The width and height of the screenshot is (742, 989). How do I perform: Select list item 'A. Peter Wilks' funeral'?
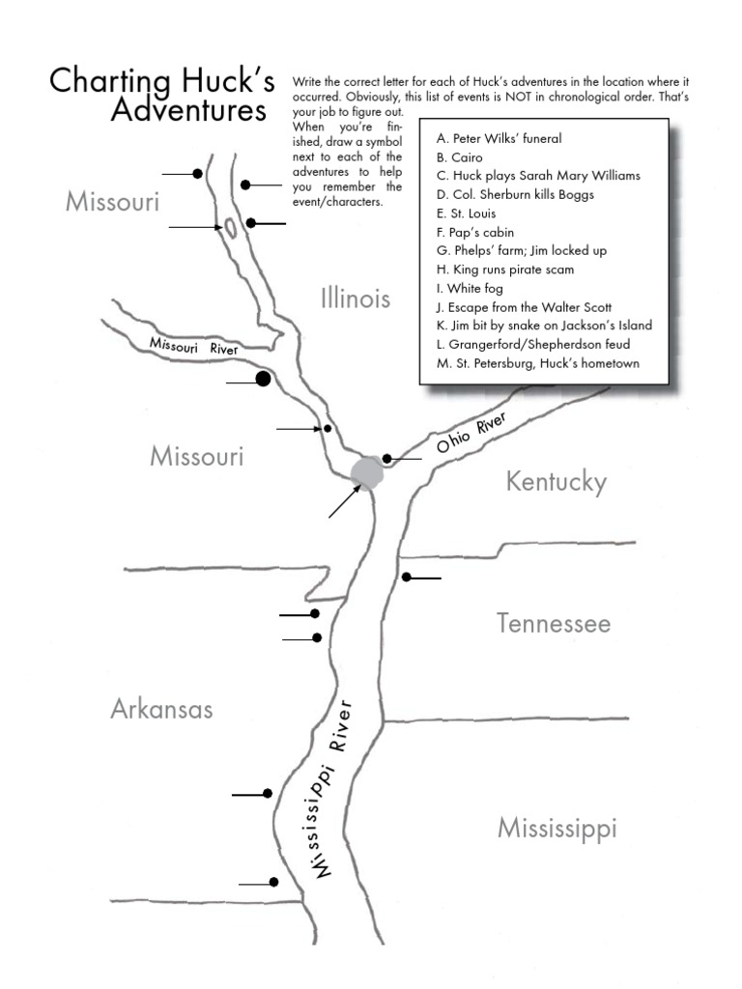[499, 138]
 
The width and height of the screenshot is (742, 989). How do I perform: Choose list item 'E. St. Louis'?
[466, 213]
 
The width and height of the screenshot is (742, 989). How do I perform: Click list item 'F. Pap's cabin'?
[475, 232]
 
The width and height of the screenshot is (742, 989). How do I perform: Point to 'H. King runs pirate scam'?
[505, 269]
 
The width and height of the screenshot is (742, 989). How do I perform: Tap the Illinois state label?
[356, 298]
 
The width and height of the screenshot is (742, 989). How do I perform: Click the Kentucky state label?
[556, 481]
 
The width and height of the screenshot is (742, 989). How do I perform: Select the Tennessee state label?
[554, 623]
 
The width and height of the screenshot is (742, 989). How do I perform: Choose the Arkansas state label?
[161, 710]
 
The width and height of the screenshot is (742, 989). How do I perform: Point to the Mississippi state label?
[556, 828]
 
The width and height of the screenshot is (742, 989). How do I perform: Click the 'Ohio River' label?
[471, 433]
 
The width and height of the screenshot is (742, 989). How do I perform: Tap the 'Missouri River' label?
[192, 345]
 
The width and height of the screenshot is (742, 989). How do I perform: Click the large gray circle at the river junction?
[367, 472]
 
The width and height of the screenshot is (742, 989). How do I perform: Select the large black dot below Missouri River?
[262, 380]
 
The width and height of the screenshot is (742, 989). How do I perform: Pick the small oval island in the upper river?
[232, 229]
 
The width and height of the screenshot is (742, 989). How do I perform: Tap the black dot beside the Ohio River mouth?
[386, 459]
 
